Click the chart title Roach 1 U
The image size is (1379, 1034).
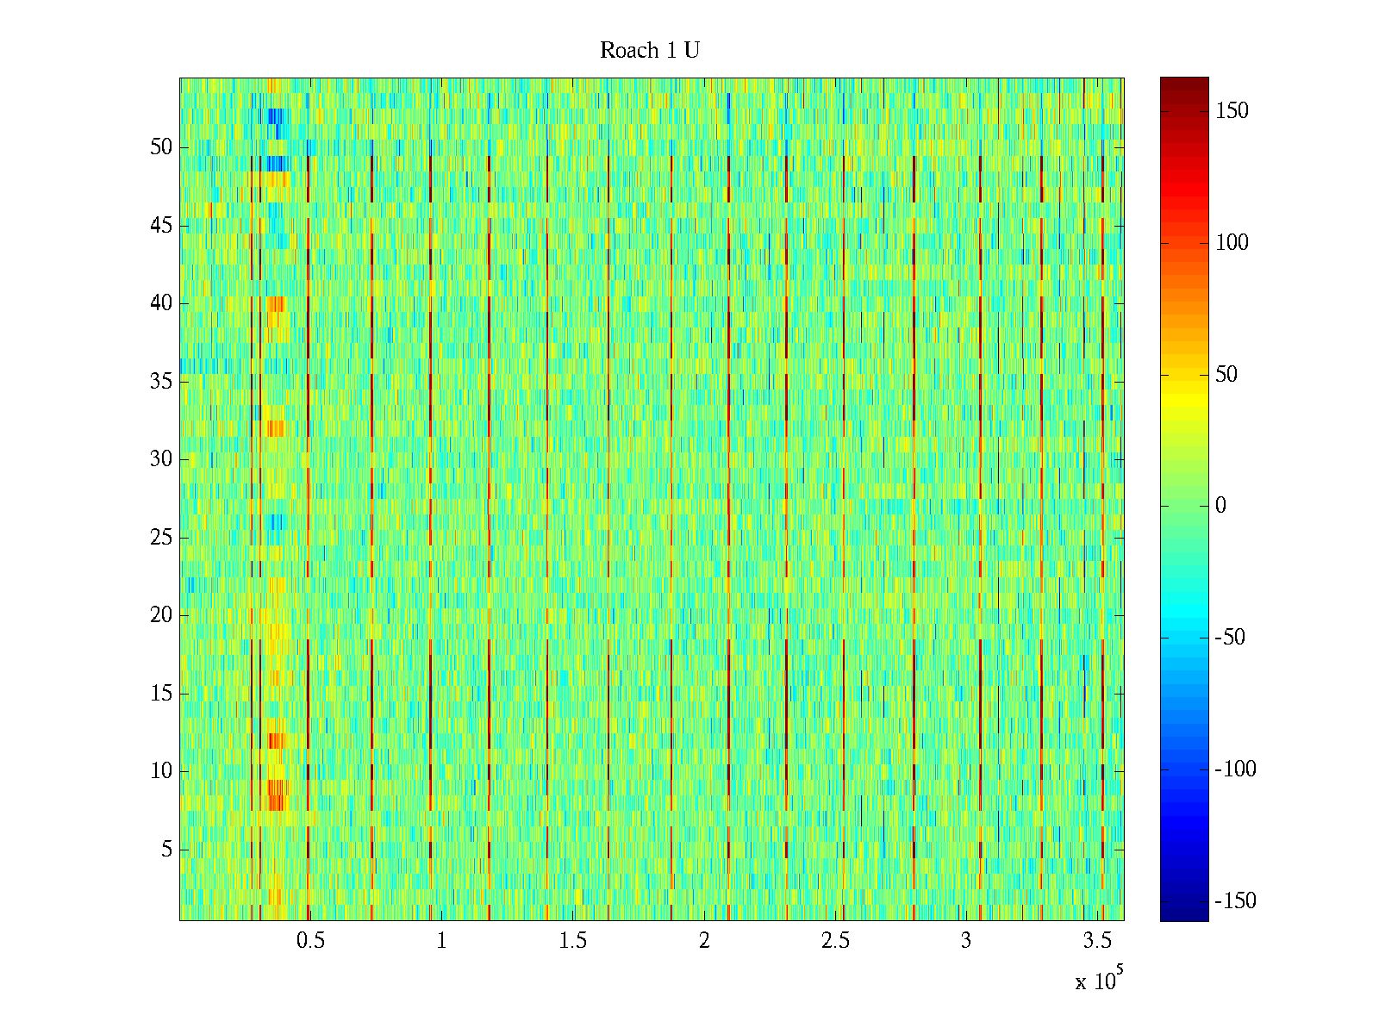click(649, 51)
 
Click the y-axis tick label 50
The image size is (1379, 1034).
click(161, 147)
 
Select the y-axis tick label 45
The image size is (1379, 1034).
click(161, 226)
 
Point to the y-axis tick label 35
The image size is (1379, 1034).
click(161, 382)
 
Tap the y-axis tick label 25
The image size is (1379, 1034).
click(161, 538)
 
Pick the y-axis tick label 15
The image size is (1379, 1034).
click(161, 694)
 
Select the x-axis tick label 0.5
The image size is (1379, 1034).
click(310, 941)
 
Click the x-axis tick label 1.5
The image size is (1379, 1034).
click(572, 941)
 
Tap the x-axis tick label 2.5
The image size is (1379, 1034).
click(835, 941)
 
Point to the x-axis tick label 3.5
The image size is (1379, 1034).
click(1097, 941)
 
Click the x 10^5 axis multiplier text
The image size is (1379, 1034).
click(1099, 980)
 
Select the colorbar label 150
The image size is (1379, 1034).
click(1232, 111)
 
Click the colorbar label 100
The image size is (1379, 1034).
click(1232, 243)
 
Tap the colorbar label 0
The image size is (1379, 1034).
click(1220, 506)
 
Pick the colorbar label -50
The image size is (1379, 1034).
click(1230, 638)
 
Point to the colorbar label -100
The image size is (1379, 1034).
click(1235, 769)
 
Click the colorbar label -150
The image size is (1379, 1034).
click(1235, 901)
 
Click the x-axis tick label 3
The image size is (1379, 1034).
click(966, 941)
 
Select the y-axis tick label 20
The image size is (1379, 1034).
click(161, 615)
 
